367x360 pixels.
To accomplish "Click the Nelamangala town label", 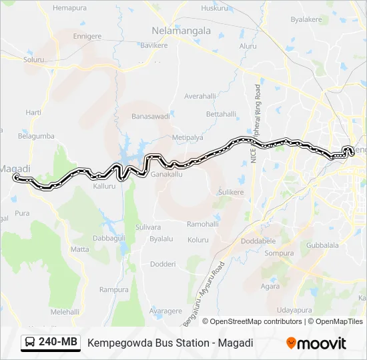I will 181,31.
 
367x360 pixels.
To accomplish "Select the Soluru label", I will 33,59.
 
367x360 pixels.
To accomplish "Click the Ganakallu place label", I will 166,174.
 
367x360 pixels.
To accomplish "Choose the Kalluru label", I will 104,186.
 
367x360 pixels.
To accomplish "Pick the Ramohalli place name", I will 202,224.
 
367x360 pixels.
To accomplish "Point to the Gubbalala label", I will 322,245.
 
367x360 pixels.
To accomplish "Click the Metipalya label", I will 188,137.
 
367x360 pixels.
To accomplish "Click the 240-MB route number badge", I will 59,342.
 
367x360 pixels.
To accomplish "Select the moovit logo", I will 316,343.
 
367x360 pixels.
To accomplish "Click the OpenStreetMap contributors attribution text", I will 256,321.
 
